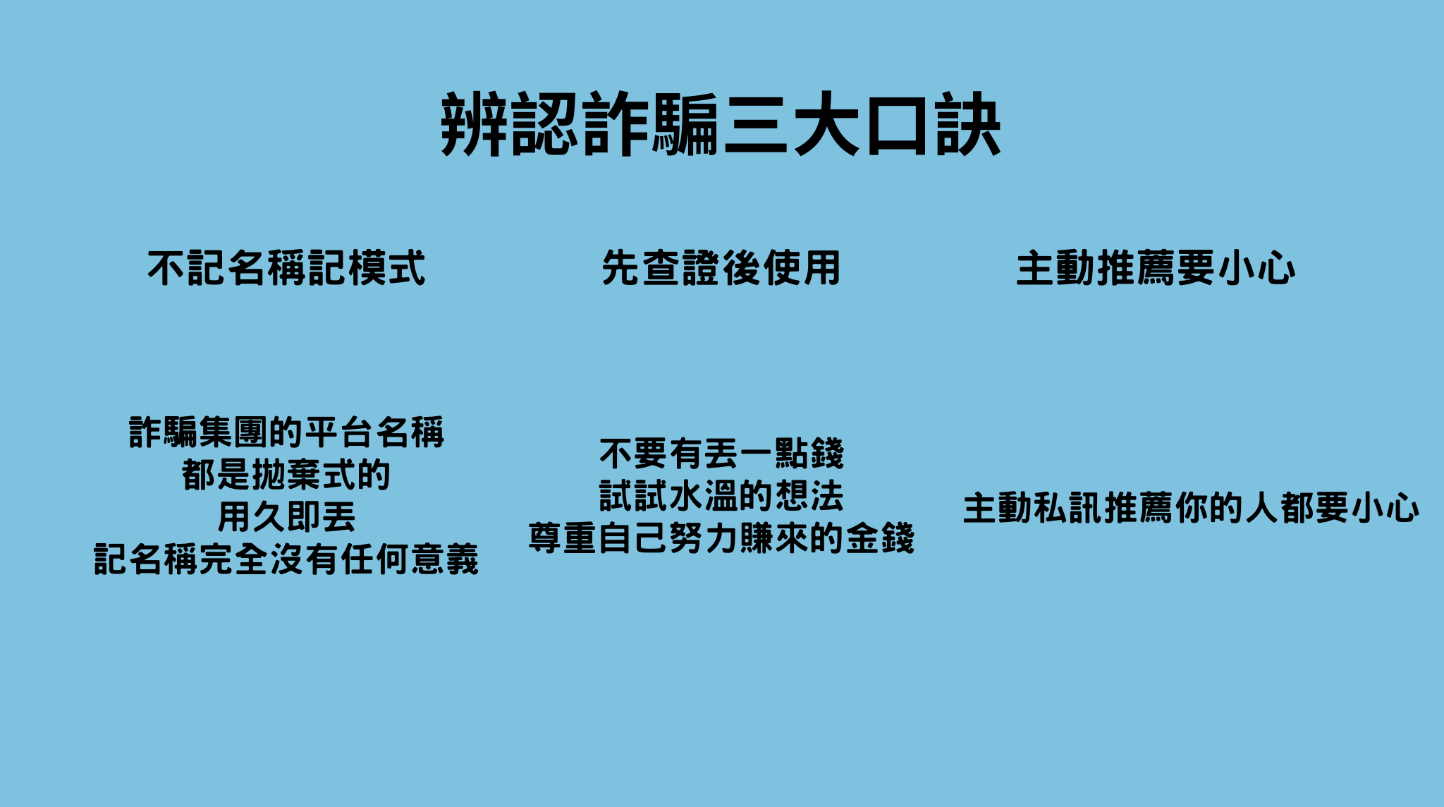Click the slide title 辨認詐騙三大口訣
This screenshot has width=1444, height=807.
coord(721,125)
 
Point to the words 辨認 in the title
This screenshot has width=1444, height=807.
coord(510,125)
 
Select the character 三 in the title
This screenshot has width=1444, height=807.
coord(756,125)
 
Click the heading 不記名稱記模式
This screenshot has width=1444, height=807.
coord(286,269)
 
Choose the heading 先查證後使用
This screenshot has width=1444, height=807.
coord(721,269)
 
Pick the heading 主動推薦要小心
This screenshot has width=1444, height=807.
coord(1155,269)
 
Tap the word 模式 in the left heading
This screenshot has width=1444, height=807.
coord(386,269)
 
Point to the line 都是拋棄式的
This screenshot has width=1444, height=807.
coord(286,475)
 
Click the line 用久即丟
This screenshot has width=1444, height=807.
coord(286,517)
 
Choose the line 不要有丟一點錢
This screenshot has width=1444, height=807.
coord(721,454)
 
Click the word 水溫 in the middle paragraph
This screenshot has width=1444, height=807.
coord(704,496)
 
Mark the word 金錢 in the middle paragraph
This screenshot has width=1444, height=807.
coord(880,538)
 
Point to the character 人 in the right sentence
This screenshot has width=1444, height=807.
coord(1261,508)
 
